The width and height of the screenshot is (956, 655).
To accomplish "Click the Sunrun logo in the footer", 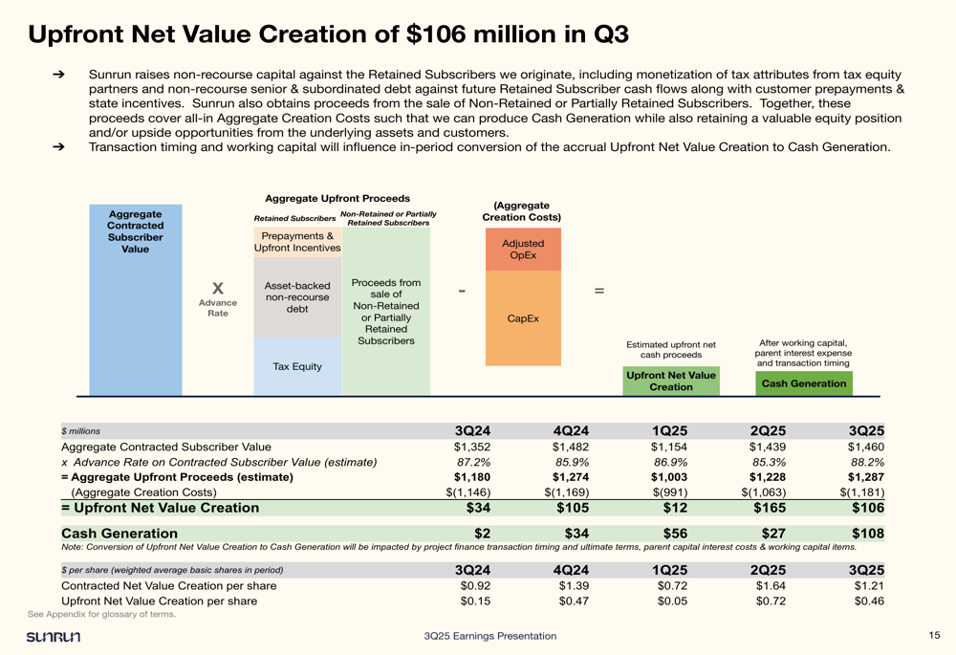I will (54, 637).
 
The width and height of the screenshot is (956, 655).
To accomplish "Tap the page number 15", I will (934, 636).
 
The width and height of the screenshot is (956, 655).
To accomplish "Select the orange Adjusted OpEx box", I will (523, 250).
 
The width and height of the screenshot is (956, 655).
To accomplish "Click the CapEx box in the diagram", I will (523, 318).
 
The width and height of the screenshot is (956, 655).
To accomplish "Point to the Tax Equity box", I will (297, 366).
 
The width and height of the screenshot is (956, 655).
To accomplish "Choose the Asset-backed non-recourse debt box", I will (297, 296).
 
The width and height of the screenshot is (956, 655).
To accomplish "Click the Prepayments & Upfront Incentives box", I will (297, 242).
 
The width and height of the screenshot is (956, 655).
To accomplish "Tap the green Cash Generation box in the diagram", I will (803, 383).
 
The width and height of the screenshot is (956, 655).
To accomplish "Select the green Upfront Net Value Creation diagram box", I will (670, 382).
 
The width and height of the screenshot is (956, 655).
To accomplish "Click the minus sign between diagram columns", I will (462, 290).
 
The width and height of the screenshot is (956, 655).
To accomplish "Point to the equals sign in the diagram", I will (599, 290).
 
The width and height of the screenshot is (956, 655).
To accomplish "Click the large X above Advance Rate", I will (218, 288).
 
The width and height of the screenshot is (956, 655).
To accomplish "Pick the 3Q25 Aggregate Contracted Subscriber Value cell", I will (865, 447).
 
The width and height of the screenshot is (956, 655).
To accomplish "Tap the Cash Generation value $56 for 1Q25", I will (672, 533).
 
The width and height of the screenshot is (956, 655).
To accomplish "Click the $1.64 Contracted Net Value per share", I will (770, 585).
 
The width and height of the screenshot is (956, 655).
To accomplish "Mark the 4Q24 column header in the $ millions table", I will (570, 430).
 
